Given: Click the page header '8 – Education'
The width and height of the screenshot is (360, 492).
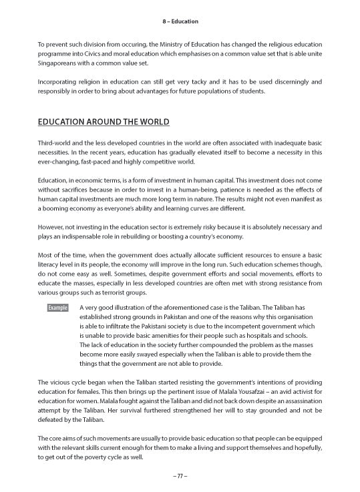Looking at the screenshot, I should pos(180,21).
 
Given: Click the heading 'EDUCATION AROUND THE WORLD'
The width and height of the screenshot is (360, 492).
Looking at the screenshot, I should pos(104,122).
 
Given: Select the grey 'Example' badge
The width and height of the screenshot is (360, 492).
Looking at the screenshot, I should pos(58,308).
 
